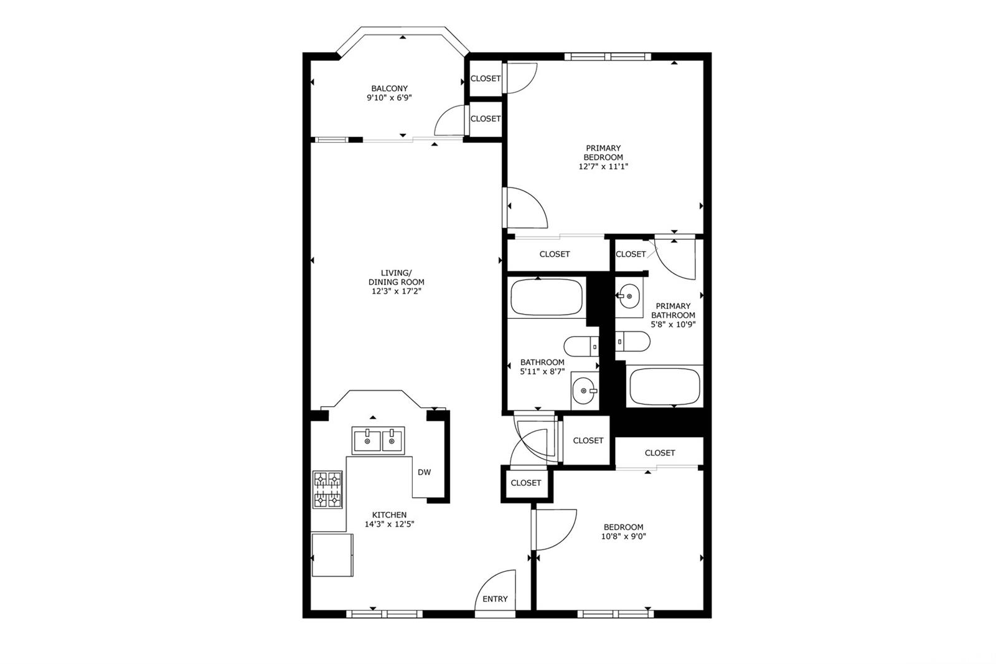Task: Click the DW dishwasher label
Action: (x=424, y=472)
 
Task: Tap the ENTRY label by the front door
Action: (x=495, y=599)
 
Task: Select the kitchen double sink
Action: (x=378, y=440)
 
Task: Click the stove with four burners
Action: (x=327, y=490)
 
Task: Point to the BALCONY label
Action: (x=390, y=88)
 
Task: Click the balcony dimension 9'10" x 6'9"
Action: (x=390, y=98)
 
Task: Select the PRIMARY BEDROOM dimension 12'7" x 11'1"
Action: (x=603, y=167)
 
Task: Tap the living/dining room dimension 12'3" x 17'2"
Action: (x=397, y=292)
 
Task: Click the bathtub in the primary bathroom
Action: (x=665, y=386)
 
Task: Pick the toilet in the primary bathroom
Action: (x=632, y=341)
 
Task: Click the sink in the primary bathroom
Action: (x=629, y=296)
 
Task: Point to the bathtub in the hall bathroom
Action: (x=547, y=297)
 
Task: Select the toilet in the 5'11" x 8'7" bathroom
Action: (x=581, y=346)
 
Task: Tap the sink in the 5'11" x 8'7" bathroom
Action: (x=585, y=391)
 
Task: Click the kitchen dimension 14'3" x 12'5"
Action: (x=390, y=524)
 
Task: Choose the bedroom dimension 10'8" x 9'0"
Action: (x=623, y=537)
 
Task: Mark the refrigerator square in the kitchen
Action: (x=332, y=555)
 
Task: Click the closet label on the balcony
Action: (x=486, y=119)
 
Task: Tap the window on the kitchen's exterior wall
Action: (x=384, y=614)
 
